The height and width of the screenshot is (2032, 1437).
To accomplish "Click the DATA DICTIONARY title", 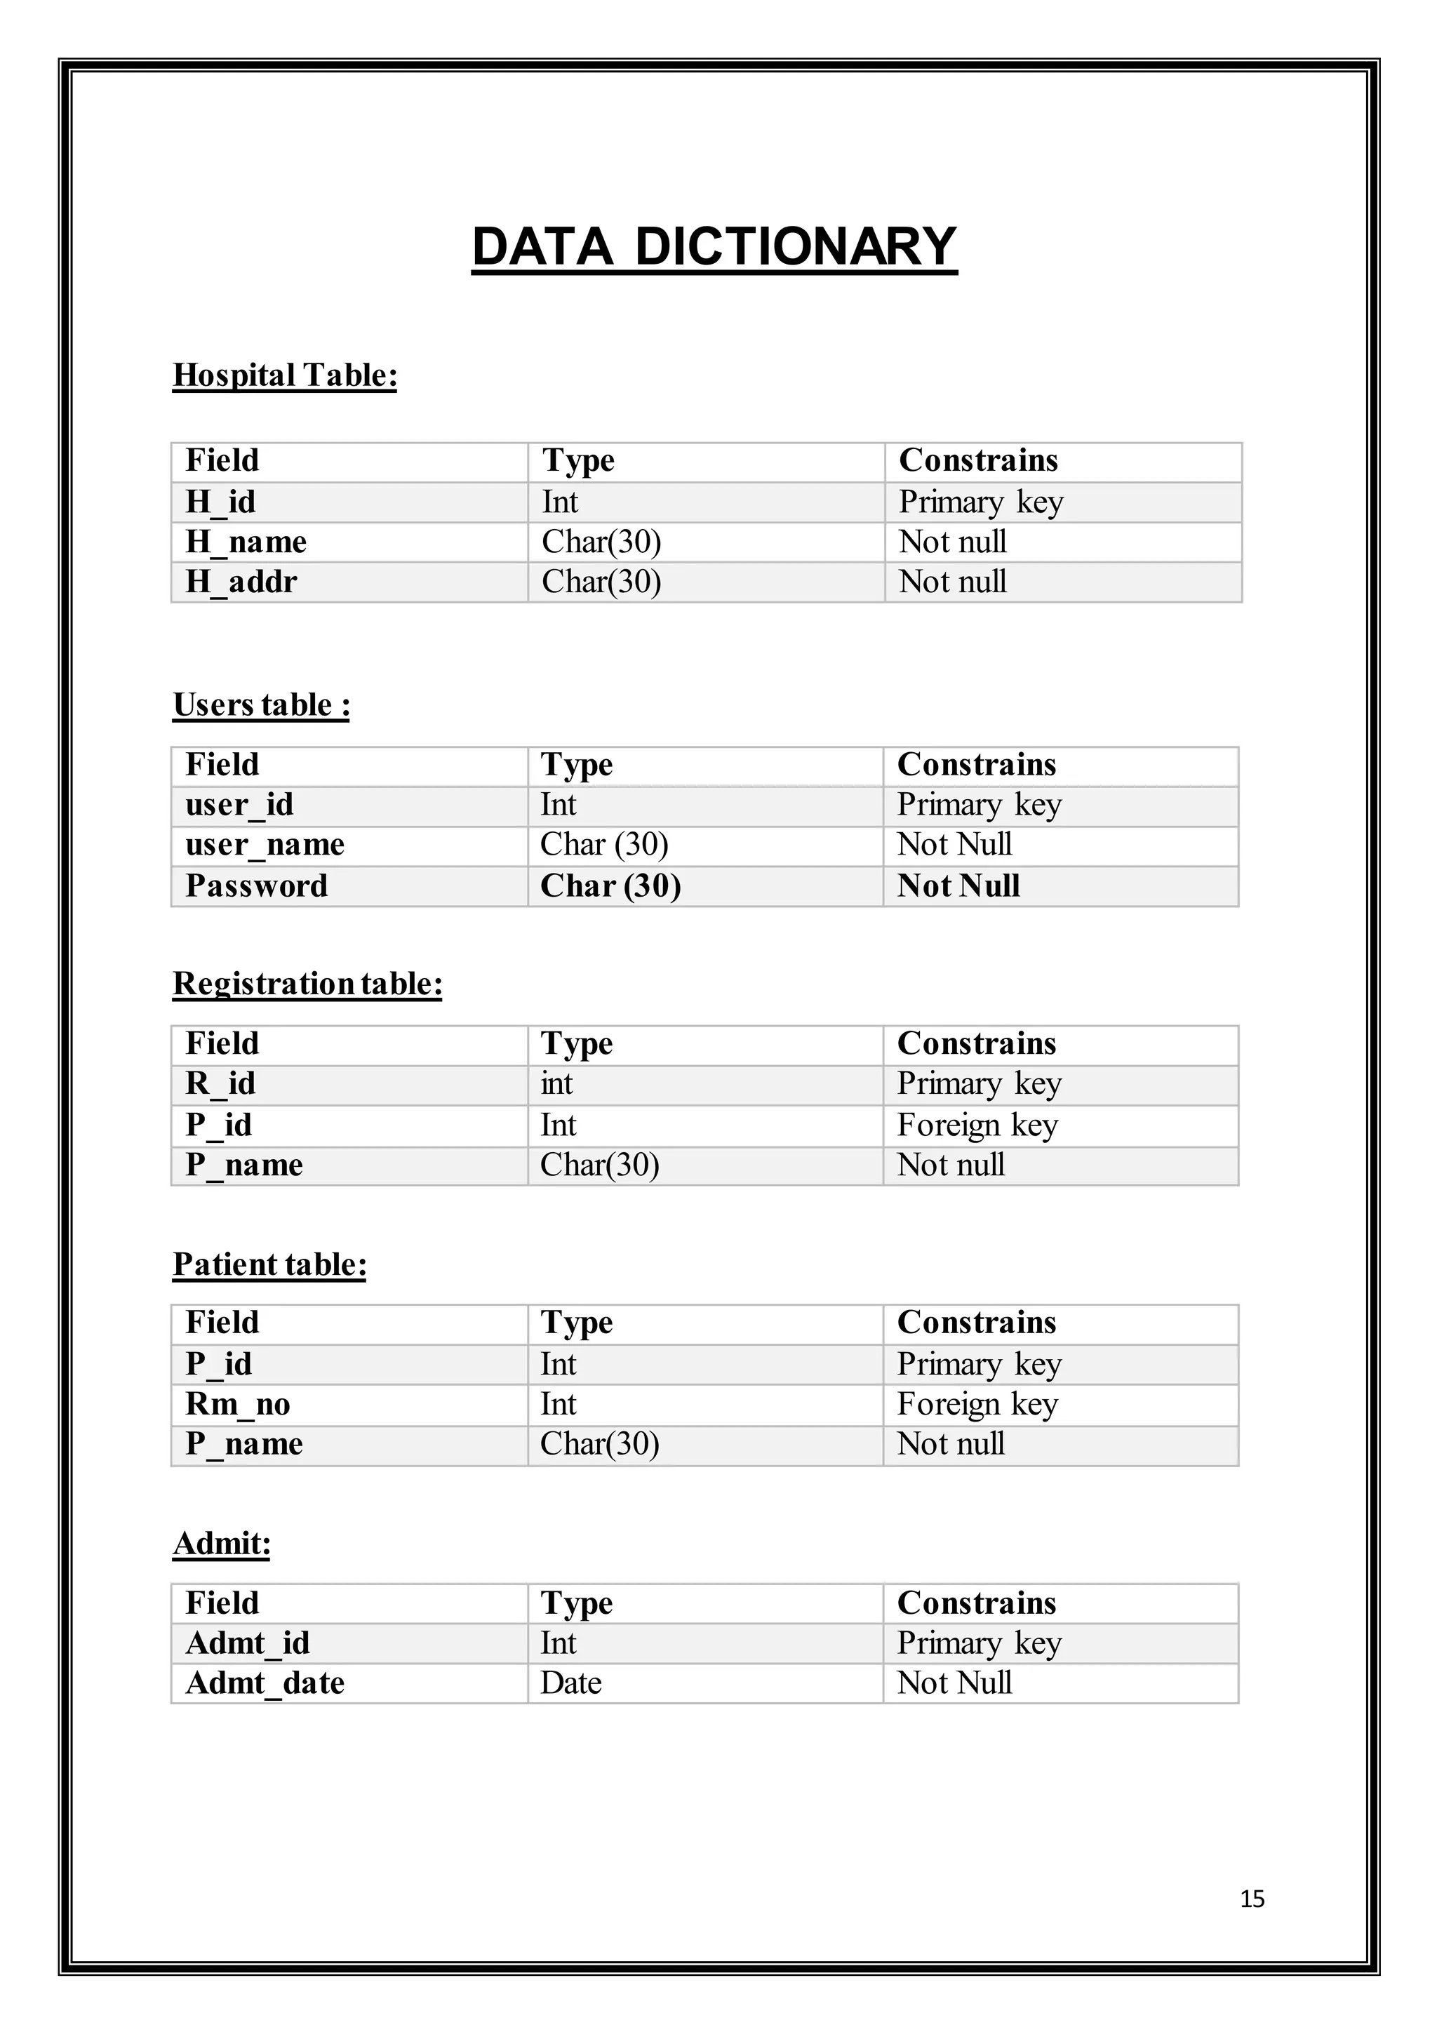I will tap(714, 246).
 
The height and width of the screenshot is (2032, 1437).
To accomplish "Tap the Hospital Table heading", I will tap(284, 375).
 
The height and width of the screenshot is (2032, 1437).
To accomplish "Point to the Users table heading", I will tap(261, 705).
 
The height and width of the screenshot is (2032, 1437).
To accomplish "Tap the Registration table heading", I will tap(307, 984).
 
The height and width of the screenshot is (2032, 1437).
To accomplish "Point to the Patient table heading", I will tap(269, 1264).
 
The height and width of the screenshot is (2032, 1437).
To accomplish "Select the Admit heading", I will tap(221, 1544).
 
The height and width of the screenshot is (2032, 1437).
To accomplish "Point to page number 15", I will tap(1252, 1899).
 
